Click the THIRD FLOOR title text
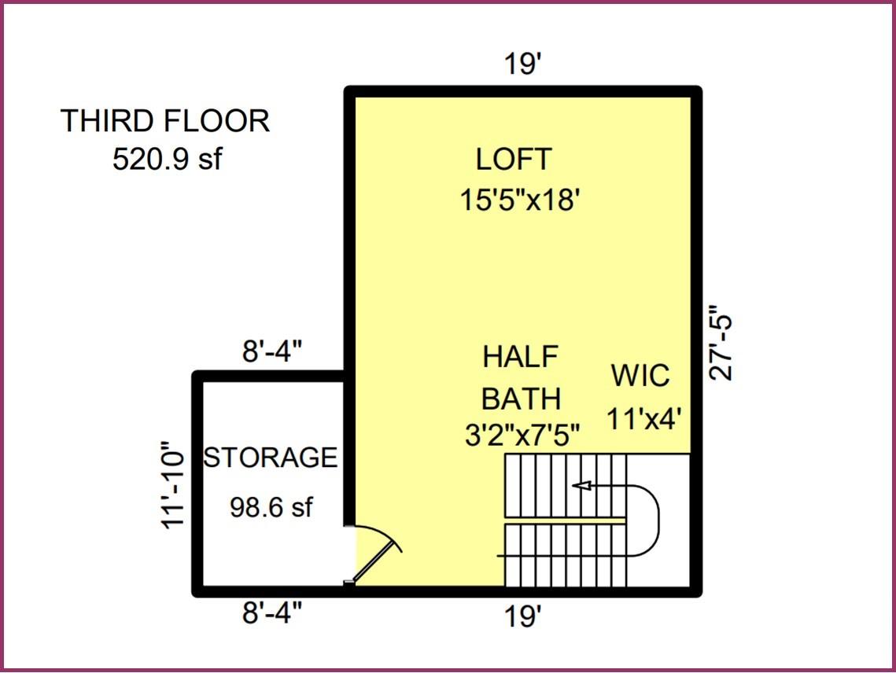165,121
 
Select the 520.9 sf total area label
167,160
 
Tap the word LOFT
514,160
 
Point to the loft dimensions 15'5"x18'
520,200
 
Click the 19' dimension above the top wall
523,64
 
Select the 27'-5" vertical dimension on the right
721,343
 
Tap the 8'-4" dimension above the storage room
271,353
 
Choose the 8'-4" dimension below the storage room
271,612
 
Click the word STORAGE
271,457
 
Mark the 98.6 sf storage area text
271,508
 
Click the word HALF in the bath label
520,356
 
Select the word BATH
521,399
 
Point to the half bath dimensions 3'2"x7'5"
522,436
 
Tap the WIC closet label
641,376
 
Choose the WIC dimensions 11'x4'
643,418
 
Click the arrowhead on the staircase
581,486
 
